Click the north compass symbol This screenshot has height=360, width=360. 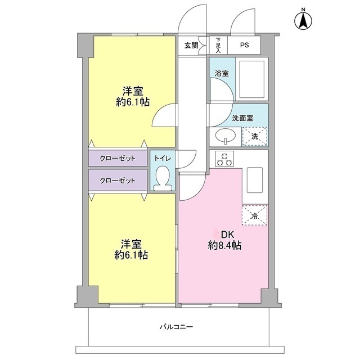(x=303, y=20)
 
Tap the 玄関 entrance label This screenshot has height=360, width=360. (x=191, y=46)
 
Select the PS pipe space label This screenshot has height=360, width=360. (x=245, y=46)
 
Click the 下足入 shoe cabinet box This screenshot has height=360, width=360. (x=218, y=45)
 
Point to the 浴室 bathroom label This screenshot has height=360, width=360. (x=222, y=73)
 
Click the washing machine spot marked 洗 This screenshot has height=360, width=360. (x=254, y=137)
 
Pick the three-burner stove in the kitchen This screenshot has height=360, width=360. (x=225, y=160)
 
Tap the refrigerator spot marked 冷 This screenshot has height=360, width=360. (x=254, y=215)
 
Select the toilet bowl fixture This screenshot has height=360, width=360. (x=163, y=179)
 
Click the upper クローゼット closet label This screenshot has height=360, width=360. (x=118, y=159)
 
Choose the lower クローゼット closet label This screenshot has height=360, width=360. (x=118, y=181)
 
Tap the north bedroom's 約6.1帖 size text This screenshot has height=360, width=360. (x=133, y=102)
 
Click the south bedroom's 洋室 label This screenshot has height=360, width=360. (x=133, y=244)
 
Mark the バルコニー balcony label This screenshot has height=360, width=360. (x=175, y=326)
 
